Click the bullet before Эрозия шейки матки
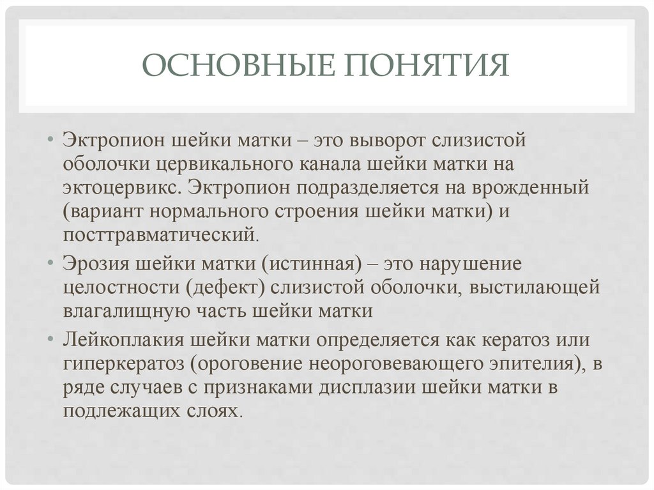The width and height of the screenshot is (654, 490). [x=51, y=263]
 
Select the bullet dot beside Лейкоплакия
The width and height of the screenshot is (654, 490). [x=51, y=339]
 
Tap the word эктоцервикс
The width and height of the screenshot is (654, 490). [x=122, y=187]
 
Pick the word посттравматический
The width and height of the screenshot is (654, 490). [x=159, y=234]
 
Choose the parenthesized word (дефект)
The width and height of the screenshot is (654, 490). [x=225, y=287]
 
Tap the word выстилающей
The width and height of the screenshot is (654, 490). [x=535, y=287]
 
